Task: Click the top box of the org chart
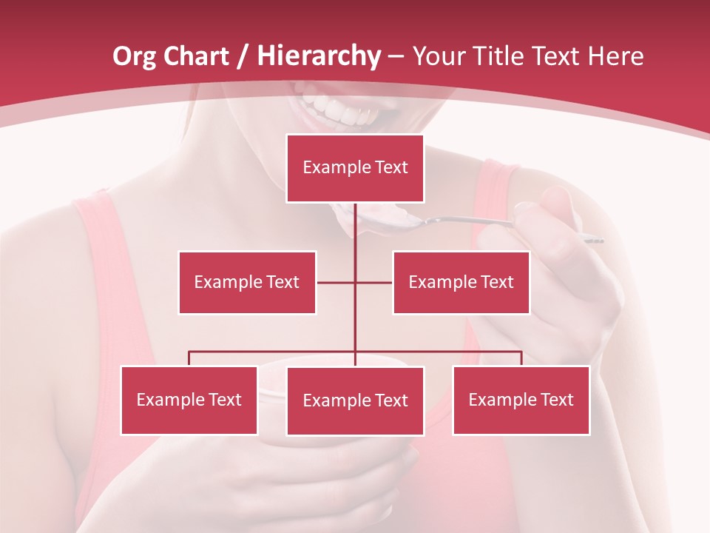[355, 168]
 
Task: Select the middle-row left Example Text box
[247, 282]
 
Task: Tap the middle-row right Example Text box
[461, 282]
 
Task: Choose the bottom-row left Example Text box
[189, 400]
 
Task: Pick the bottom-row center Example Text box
[355, 400]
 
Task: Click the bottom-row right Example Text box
[521, 400]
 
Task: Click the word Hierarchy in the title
[319, 56]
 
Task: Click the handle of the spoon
[473, 221]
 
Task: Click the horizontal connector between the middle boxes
[337, 282]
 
